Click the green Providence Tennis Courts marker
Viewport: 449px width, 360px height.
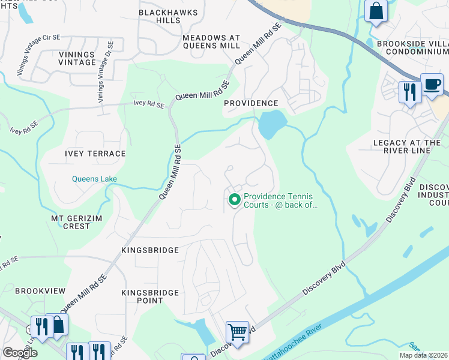234,200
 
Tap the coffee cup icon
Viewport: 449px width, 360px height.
431,85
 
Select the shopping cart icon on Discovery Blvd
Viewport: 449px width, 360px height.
237,331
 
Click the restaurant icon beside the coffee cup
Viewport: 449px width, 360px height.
409,92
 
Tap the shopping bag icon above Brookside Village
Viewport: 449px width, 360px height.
376,11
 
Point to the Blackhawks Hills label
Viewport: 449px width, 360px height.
160,16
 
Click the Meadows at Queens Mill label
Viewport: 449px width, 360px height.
211,41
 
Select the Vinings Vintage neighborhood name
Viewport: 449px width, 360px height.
77,58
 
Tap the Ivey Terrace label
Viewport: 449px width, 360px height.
95,154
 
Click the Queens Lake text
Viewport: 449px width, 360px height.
94,179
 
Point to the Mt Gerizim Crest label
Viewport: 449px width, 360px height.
70,222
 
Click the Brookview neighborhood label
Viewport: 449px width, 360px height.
40,290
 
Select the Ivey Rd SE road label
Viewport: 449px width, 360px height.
148,104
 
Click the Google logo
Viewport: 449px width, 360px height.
20,353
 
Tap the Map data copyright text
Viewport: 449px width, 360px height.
423,355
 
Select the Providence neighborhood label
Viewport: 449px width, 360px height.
251,103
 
